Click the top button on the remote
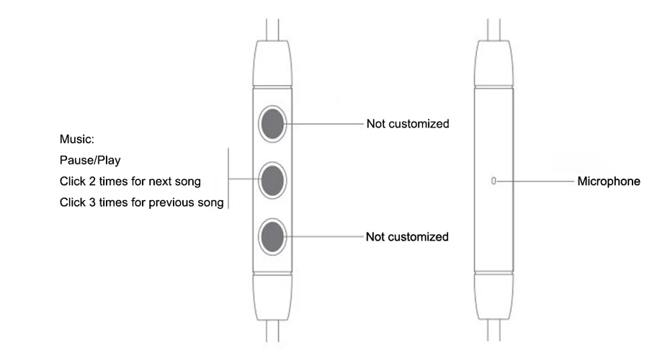coord(273,124)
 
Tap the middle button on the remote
coord(273,179)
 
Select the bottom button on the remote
coord(273,236)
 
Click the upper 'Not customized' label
coord(407,124)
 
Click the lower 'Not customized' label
coord(407,237)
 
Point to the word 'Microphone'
coord(608,181)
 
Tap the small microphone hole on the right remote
coord(493,181)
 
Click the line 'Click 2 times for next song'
coord(130,181)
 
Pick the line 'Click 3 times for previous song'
coord(141,202)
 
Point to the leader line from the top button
coord(324,124)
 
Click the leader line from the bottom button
coord(324,237)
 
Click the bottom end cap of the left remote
coord(273,296)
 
